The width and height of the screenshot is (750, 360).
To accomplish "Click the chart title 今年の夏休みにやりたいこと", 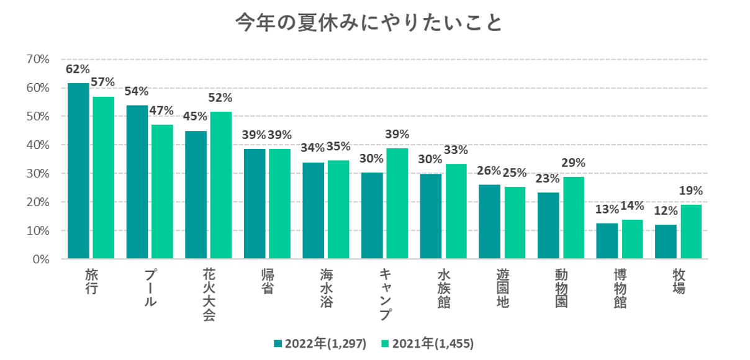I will coord(368,24).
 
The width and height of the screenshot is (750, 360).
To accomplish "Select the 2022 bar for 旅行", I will coord(78,171).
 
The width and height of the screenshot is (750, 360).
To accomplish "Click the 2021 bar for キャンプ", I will coord(397,203).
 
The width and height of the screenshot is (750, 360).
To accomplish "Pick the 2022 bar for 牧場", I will coord(666,241).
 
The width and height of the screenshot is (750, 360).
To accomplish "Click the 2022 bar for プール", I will coord(137,182).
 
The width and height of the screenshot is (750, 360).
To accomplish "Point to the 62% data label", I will coord(78,69).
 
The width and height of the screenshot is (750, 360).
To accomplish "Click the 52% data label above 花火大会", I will coord(220,97).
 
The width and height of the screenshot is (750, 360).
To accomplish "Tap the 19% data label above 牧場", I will coord(690,191).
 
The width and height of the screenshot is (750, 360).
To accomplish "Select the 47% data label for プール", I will coord(161,111).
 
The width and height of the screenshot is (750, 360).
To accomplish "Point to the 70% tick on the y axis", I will coord(38,60).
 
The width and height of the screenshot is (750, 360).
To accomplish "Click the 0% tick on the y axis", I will coord(40,259).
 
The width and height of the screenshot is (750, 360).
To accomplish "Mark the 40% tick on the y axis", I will coord(38,145).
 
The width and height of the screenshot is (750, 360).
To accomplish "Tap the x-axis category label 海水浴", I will coord(327,289).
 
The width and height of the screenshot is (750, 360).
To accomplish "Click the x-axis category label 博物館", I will coord(620,289).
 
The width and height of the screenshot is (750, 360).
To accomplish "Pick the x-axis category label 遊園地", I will coord(502,289).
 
